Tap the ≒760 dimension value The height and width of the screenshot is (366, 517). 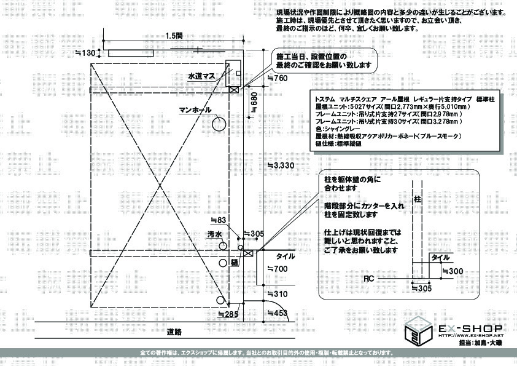[278, 78]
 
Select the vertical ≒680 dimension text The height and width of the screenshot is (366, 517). [253, 103]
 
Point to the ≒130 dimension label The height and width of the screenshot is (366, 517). [85, 54]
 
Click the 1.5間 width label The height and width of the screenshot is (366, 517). [174, 36]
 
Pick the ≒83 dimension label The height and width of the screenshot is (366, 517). [219, 220]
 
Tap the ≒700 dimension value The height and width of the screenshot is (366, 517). [278, 269]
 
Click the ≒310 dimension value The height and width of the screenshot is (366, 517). [278, 294]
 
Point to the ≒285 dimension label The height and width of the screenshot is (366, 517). [228, 314]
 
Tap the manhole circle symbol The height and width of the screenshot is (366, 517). [219, 124]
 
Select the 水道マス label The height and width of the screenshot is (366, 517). [201, 76]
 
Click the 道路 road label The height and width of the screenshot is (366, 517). [174, 332]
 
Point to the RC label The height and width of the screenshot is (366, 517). [368, 279]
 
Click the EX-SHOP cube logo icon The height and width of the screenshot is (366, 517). [418, 332]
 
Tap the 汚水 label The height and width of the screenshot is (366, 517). [214, 234]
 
